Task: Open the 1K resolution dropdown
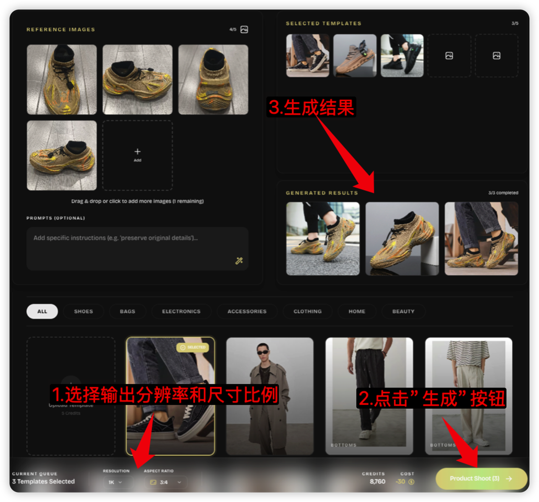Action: coord(115,482)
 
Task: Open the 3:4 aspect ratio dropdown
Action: coord(165,482)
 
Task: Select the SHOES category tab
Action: coord(83,311)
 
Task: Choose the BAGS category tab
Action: coord(127,311)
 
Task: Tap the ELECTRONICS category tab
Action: coord(181,311)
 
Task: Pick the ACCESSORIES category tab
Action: coord(247,311)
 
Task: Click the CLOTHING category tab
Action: coord(307,311)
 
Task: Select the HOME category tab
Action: coord(357,311)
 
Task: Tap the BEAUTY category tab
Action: coord(403,311)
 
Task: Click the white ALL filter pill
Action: coord(42,311)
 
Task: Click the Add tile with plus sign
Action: coord(137,155)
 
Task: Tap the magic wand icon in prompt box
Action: coord(239,261)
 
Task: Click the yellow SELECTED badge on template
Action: coord(193,347)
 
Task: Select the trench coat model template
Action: coord(269,396)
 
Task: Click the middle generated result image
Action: coord(402,238)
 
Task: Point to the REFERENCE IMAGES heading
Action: coord(61,30)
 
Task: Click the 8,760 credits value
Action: coord(377,482)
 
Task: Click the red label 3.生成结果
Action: coord(311,107)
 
